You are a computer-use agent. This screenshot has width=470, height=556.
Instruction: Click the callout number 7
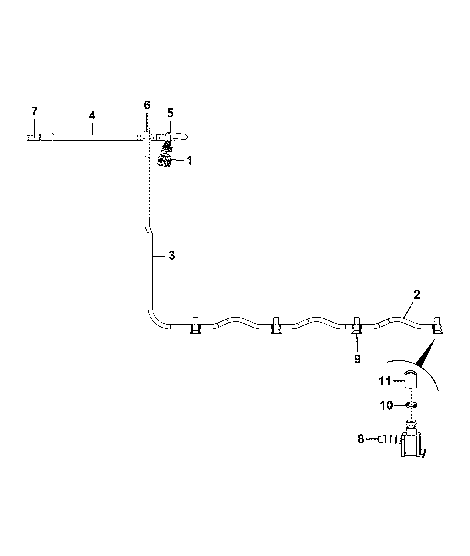tap(35, 111)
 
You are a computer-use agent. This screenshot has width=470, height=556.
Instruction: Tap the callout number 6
tap(147, 105)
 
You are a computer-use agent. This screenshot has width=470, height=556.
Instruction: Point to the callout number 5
tap(171, 113)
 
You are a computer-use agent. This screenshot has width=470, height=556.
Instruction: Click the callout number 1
tap(190, 161)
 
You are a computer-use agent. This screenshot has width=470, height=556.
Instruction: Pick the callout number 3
tap(172, 256)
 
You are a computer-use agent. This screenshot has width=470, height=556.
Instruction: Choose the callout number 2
tap(417, 295)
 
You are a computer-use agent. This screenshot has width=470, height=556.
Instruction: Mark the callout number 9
tap(357, 359)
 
